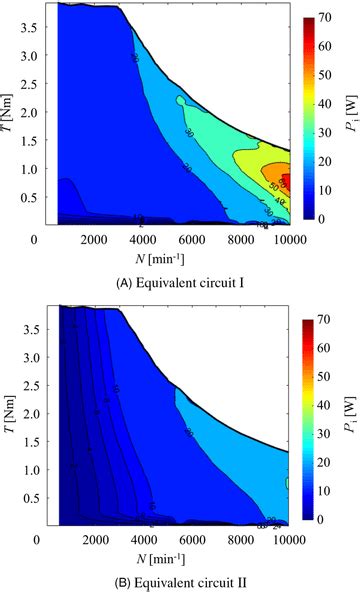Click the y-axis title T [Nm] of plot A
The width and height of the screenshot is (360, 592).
tap(13, 113)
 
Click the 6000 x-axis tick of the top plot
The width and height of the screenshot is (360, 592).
tap(174, 240)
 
